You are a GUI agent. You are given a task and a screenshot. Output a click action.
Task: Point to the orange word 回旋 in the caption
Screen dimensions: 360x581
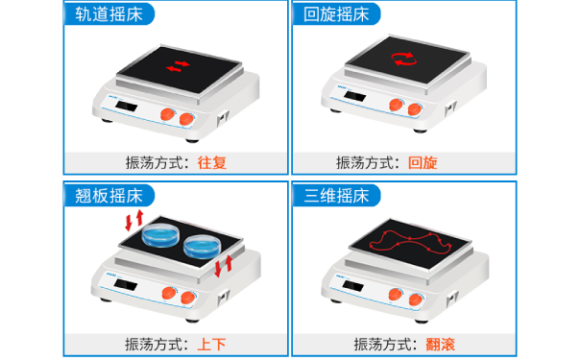click(x=423, y=162)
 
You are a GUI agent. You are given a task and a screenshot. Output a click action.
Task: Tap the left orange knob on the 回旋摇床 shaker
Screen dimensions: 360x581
click(x=395, y=107)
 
